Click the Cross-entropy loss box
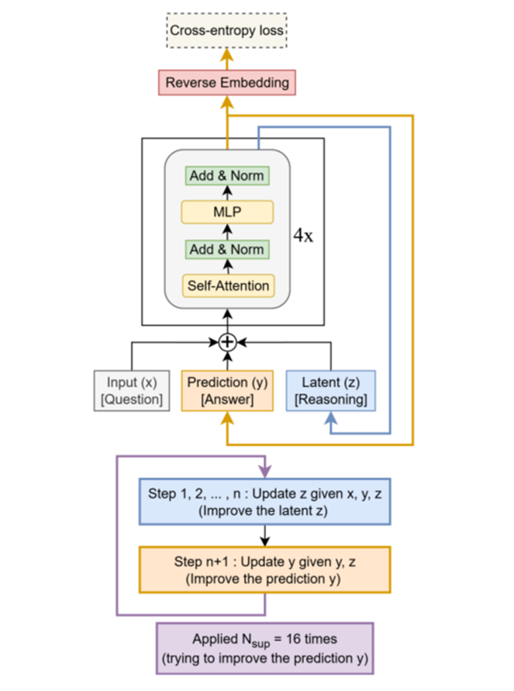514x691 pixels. coord(227,32)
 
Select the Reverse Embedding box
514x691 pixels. coord(227,81)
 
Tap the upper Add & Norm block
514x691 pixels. coord(226,176)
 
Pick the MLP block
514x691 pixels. coord(226,212)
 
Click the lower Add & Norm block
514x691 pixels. coord(226,250)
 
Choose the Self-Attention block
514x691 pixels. coord(226,285)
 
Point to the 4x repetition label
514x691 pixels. coord(303,236)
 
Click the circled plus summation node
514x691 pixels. coord(226,341)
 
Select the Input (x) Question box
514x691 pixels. coord(131,390)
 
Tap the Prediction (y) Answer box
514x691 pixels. coord(226,390)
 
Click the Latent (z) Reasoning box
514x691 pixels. coord(331,390)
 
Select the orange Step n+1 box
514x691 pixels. coord(265,569)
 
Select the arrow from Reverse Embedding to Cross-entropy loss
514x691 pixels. coord(227,57)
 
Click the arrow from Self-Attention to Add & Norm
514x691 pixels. coord(226,268)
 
